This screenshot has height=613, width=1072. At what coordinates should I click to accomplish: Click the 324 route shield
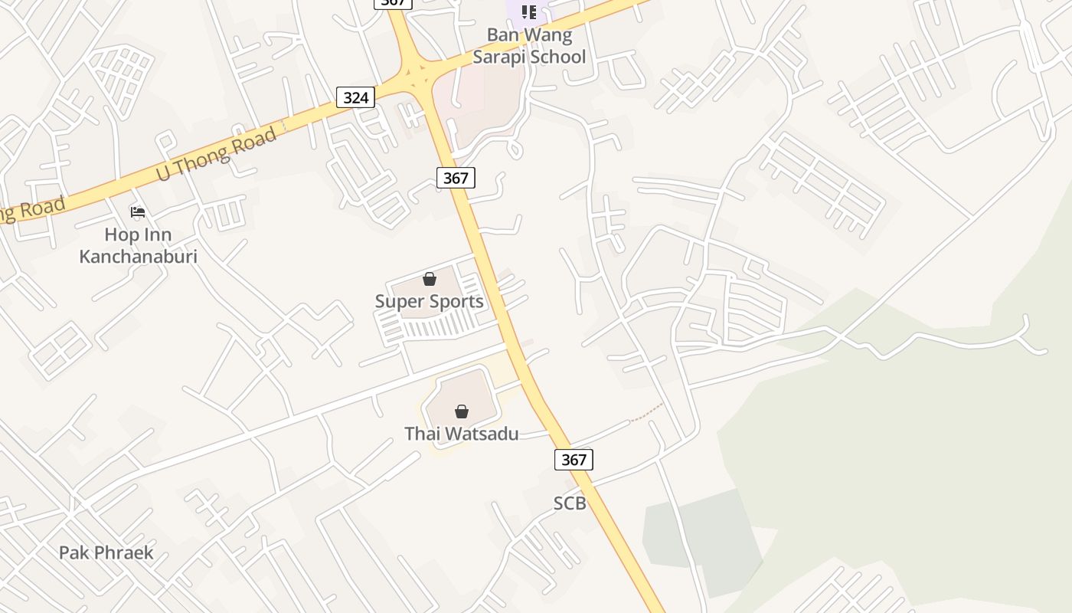point(355,97)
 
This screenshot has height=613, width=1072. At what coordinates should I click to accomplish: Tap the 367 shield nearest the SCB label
point(574,459)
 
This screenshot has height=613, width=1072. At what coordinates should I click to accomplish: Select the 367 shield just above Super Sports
point(456,178)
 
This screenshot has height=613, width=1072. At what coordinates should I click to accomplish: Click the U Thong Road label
point(216,154)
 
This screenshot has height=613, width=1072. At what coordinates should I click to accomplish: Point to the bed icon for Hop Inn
point(138,211)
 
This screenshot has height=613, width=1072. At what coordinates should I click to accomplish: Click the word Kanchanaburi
point(138,256)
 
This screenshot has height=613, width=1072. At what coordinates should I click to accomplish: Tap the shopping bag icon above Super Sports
point(430,279)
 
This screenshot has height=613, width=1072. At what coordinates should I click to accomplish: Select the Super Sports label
point(429,301)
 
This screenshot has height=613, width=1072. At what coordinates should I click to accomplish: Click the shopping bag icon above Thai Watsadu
point(461,411)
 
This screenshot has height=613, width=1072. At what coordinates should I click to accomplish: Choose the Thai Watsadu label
point(461,434)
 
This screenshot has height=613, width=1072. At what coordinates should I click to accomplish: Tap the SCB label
point(570,503)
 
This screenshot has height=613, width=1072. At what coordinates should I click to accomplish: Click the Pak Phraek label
point(106,552)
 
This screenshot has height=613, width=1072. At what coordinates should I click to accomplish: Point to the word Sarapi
point(501,57)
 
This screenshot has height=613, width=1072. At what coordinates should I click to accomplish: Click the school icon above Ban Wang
point(528,12)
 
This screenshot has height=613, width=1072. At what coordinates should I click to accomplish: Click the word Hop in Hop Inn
point(120,234)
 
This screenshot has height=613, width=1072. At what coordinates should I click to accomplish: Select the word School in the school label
point(558,57)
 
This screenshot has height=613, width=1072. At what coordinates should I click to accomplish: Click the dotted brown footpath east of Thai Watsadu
point(645,414)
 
